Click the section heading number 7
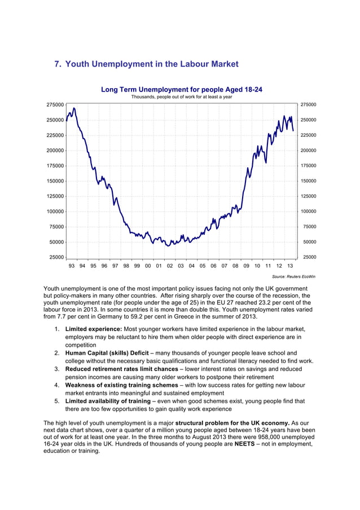click(x=57, y=64)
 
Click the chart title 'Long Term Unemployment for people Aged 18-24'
click(x=181, y=90)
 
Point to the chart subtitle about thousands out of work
click(x=182, y=97)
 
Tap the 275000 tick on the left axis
click(x=55, y=105)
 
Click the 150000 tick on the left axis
click(x=55, y=181)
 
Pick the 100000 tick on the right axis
click(x=308, y=212)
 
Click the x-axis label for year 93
click(x=72, y=265)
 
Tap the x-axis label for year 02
click(x=170, y=265)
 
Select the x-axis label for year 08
click(x=235, y=265)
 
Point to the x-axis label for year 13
click(x=289, y=265)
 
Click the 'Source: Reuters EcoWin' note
click(x=293, y=277)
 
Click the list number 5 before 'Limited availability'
click(x=57, y=402)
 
